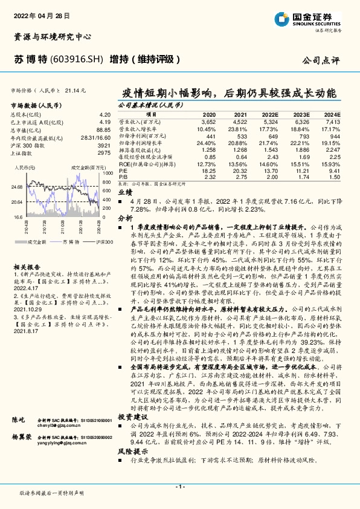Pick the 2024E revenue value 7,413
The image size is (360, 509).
tap(332, 121)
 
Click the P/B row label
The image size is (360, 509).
tap(123, 177)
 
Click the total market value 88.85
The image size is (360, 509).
tap(103, 129)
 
